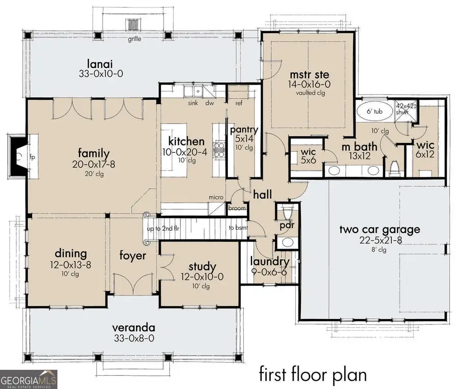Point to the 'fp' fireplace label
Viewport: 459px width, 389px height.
(x=31, y=157)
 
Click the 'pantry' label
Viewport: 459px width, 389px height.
(x=244, y=129)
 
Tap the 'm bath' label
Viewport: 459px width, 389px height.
(x=359, y=147)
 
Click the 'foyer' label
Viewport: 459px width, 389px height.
(x=133, y=255)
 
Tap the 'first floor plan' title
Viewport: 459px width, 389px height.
(x=313, y=374)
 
